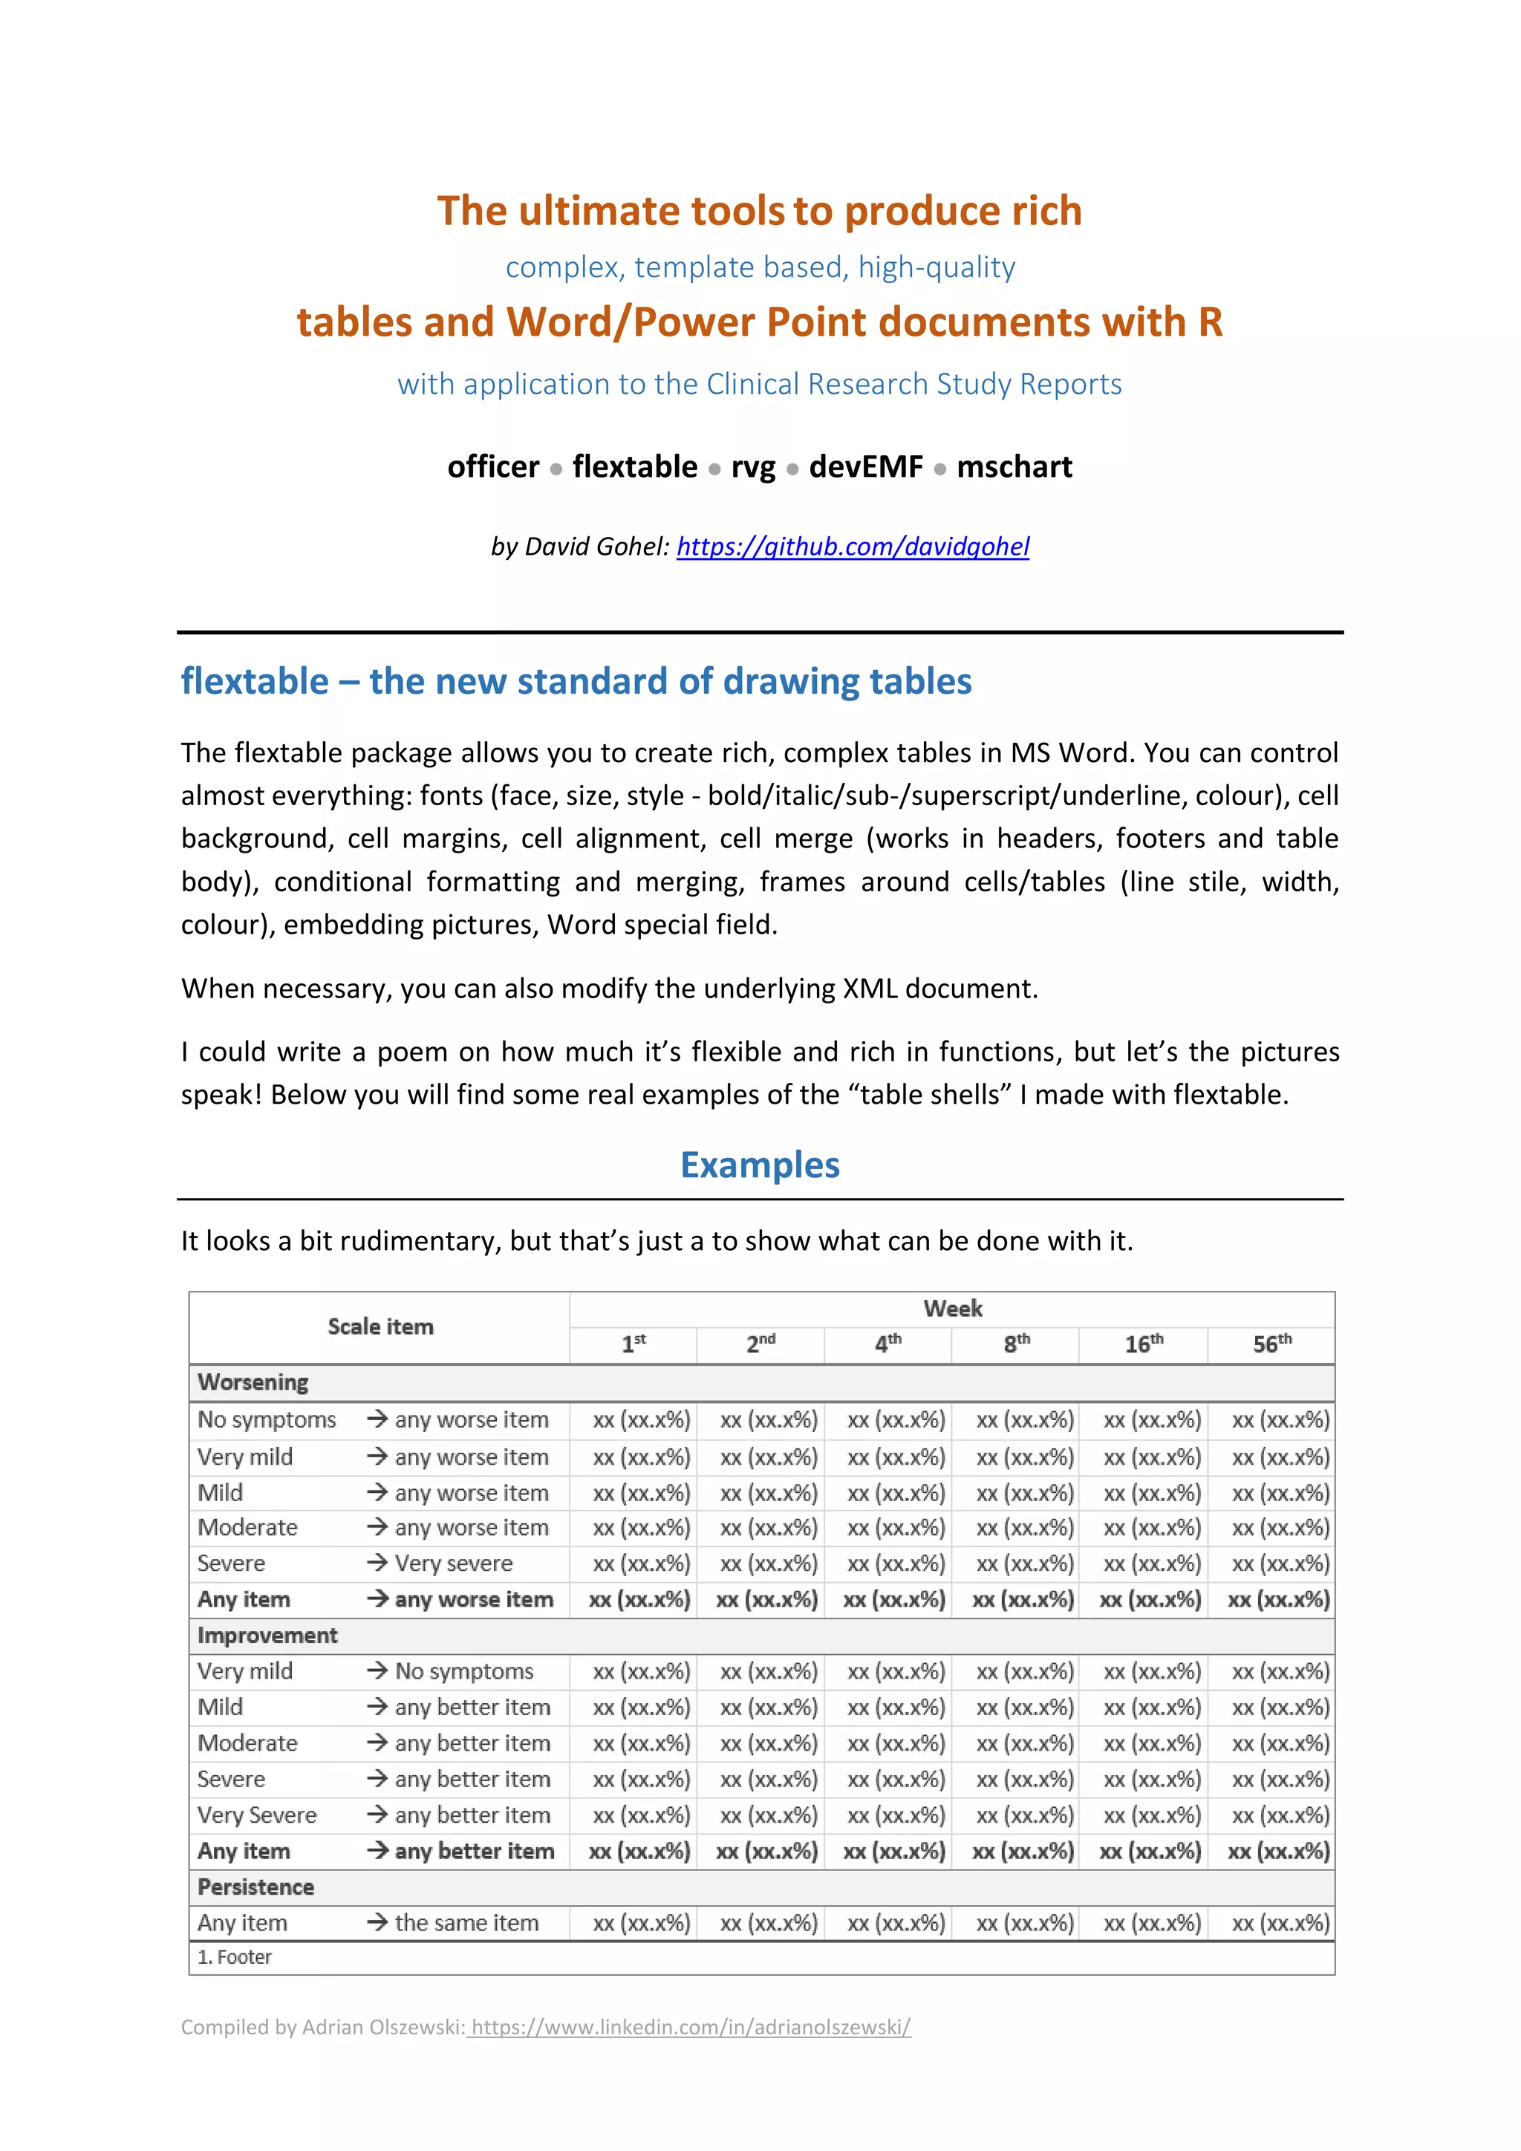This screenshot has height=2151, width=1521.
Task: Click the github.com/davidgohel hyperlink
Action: (x=853, y=546)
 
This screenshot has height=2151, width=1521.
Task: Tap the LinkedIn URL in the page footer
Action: (x=691, y=2026)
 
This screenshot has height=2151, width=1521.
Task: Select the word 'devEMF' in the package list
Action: (x=865, y=466)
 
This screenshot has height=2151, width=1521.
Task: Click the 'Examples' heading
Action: (x=760, y=1165)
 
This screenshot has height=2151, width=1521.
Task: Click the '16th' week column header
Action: (x=1144, y=1344)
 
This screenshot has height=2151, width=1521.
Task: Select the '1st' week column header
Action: (x=633, y=1344)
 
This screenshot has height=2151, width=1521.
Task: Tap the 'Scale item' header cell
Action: (x=380, y=1327)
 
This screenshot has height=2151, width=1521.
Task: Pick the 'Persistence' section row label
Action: (x=255, y=1887)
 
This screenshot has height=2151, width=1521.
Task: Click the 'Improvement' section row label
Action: (x=267, y=1636)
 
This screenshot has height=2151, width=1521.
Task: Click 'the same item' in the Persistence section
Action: (x=466, y=1923)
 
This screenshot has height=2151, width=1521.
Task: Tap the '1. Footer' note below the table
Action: (x=234, y=1957)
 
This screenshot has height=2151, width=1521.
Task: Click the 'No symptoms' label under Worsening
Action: (x=266, y=1420)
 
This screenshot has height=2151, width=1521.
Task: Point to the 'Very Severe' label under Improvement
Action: (x=257, y=1815)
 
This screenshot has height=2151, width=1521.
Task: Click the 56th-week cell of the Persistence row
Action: (x=1280, y=1923)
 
